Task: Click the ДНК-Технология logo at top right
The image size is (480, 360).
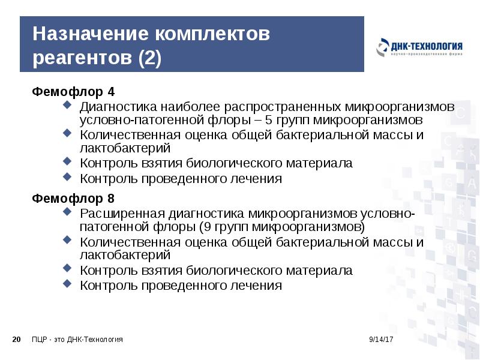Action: point(419,49)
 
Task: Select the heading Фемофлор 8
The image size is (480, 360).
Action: point(73,198)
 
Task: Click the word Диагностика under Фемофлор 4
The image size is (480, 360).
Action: point(116,106)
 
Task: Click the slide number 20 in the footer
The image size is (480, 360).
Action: point(16,340)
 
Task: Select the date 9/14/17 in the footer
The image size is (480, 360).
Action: point(380,340)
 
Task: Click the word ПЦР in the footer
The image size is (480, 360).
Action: point(40,340)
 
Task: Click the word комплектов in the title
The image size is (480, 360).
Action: point(208,34)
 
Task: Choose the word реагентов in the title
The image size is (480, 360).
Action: point(83,59)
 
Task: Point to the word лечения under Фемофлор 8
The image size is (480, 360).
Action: point(256,286)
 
